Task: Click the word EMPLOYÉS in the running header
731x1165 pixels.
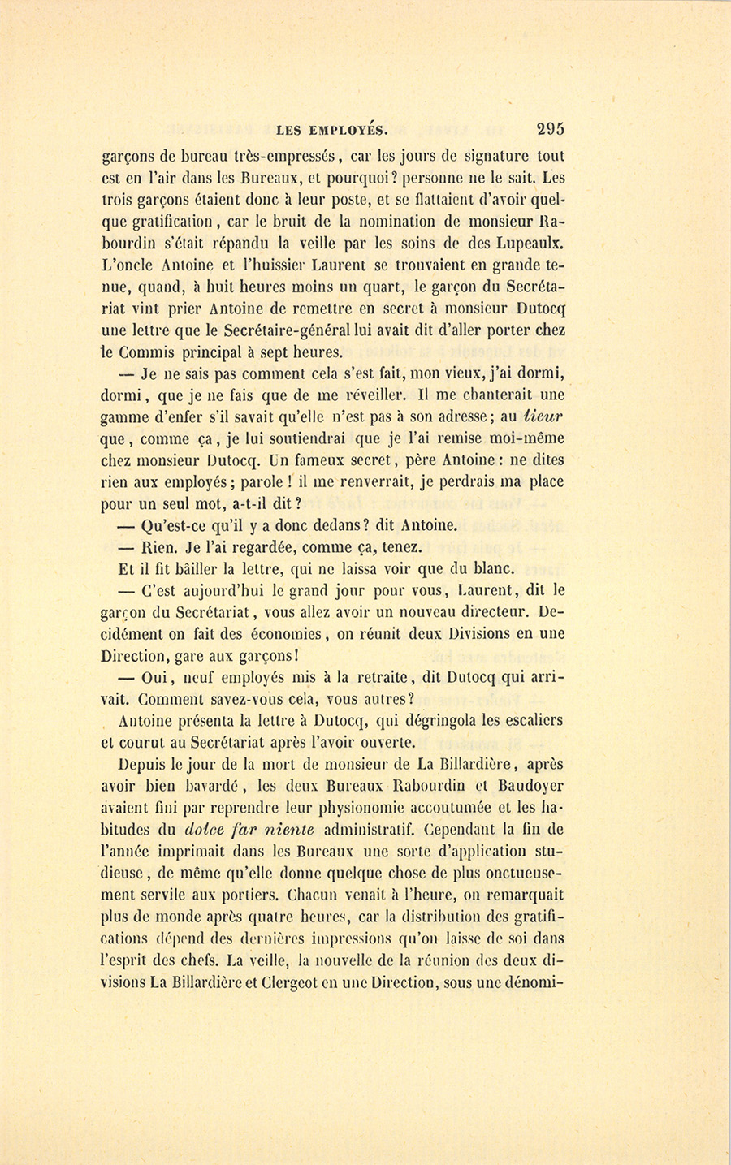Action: (x=347, y=127)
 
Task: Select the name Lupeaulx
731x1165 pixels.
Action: (x=528, y=243)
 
